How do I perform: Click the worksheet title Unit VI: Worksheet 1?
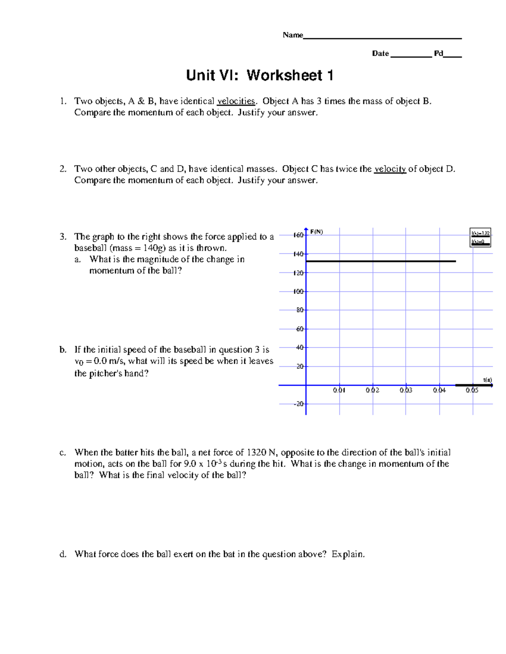260,76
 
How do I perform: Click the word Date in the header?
380,53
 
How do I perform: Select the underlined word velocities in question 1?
236,101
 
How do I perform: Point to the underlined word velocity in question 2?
390,169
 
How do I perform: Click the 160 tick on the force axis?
298,235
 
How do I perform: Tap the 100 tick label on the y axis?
298,291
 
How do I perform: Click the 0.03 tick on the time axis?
406,390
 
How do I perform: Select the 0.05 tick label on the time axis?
472,390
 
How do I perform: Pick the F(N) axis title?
317,232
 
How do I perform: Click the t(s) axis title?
487,380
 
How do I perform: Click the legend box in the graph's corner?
480,237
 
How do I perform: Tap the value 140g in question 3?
154,248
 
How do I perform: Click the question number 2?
63,169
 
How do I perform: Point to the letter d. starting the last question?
63,554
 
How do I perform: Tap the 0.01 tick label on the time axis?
339,390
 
